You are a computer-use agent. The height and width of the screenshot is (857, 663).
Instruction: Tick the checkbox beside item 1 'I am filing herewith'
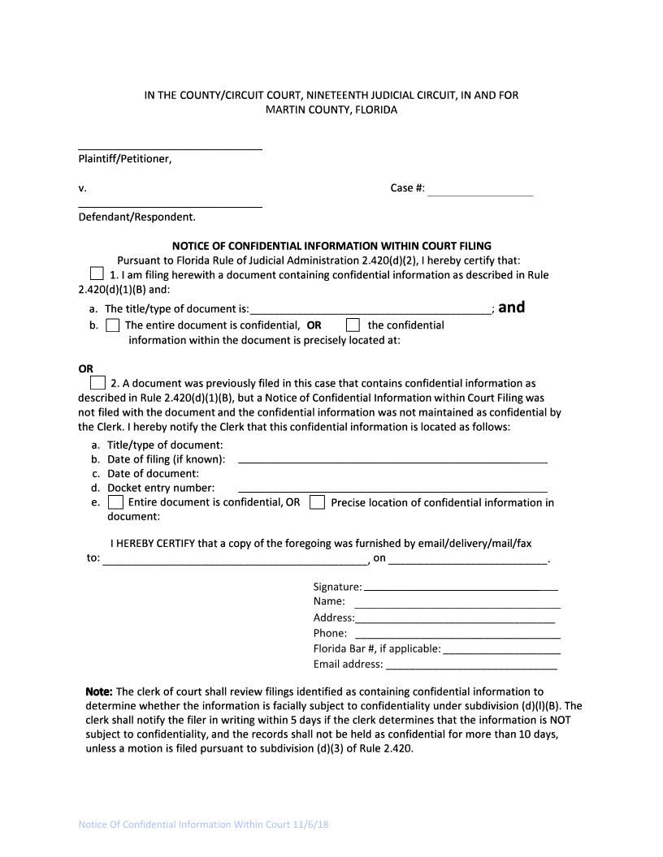(x=97, y=273)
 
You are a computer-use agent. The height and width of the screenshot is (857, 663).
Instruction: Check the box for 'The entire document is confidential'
(x=113, y=325)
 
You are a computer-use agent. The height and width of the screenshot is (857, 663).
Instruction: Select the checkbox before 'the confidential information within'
(x=353, y=325)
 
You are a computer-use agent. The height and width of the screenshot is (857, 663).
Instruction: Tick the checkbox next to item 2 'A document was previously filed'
(x=97, y=382)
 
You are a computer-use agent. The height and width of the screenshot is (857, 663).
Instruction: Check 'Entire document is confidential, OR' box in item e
(x=116, y=502)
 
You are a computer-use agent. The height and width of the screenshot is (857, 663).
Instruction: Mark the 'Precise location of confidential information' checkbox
(x=318, y=502)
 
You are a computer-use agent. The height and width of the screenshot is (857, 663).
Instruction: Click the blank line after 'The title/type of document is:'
(x=370, y=309)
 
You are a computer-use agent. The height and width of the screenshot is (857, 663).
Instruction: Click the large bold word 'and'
(x=511, y=307)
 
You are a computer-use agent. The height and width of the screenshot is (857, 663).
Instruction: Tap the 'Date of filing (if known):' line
(x=392, y=459)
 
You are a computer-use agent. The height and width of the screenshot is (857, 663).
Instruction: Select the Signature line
(x=460, y=587)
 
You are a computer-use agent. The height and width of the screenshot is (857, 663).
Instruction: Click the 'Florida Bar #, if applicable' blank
(x=501, y=648)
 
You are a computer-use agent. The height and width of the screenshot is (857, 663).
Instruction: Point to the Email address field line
(x=471, y=664)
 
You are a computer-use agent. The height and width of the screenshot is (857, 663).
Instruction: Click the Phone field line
(x=457, y=634)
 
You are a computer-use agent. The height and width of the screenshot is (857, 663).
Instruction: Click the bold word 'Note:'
(x=99, y=691)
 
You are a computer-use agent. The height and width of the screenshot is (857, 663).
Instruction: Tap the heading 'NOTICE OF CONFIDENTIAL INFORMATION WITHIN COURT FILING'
(x=331, y=246)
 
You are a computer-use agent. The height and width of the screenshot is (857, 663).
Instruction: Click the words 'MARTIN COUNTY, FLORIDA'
(x=331, y=110)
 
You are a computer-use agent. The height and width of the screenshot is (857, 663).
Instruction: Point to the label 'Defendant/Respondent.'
(x=136, y=217)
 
